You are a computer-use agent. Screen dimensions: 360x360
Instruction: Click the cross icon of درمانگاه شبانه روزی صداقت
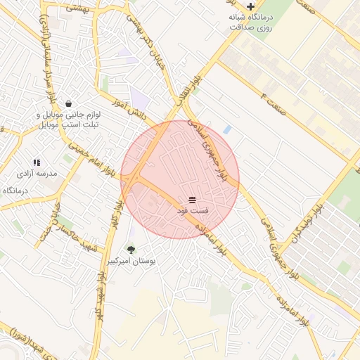pyautogui.click(x=251, y=6)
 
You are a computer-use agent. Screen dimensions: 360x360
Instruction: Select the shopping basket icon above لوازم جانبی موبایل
pyautogui.click(x=68, y=103)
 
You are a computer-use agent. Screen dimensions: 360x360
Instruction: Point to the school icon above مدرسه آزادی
pyautogui.click(x=37, y=162)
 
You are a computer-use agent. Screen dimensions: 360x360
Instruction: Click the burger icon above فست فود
pyautogui.click(x=192, y=201)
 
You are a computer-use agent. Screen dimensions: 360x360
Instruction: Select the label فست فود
pyautogui.click(x=192, y=212)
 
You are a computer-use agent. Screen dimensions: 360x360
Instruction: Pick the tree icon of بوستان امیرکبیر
pyautogui.click(x=131, y=248)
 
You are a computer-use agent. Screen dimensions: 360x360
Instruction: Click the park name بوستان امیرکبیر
pyautogui.click(x=131, y=260)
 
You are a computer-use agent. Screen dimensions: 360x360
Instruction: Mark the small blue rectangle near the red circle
pyautogui.click(x=227, y=129)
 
